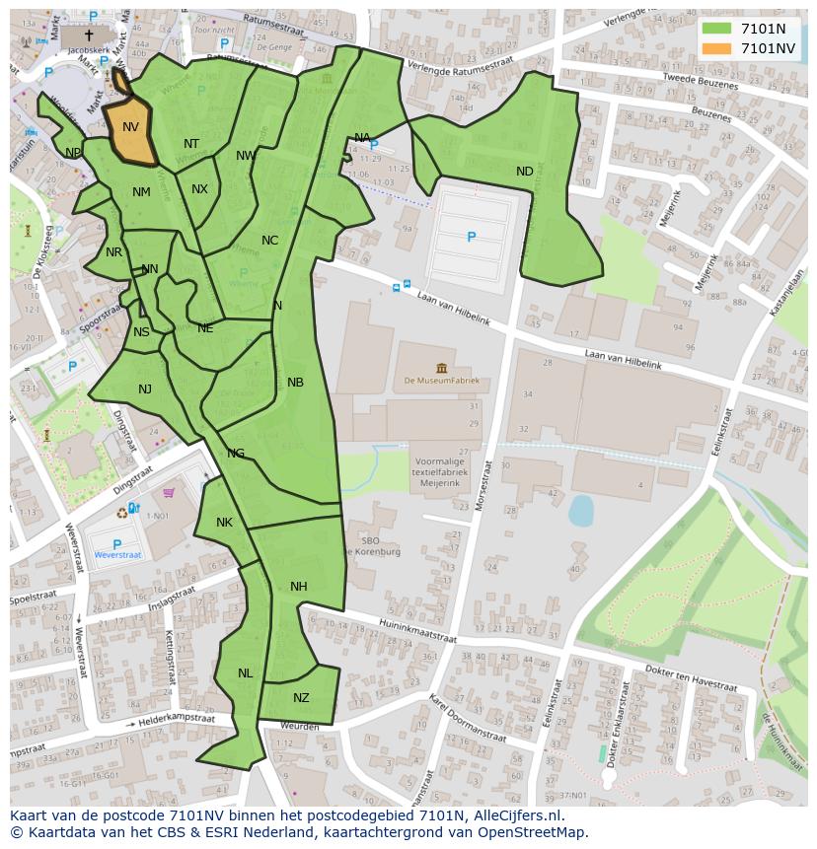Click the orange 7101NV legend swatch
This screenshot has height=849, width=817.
click(x=716, y=48)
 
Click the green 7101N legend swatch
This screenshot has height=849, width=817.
click(x=716, y=29)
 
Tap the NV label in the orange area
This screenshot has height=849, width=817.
click(x=130, y=127)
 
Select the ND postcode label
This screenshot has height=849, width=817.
click(x=524, y=172)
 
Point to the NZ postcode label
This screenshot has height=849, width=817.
click(x=301, y=698)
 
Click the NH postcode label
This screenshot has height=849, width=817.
click(x=298, y=587)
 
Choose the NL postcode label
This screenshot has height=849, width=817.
click(x=245, y=673)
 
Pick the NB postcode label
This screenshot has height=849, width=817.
click(x=295, y=383)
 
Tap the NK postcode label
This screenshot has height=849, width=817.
click(x=224, y=523)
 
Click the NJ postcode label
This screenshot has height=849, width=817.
click(x=145, y=389)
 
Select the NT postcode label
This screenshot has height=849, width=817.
click(x=191, y=144)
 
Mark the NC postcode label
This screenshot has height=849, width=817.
click(x=269, y=241)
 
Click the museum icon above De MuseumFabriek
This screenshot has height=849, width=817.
click(x=440, y=368)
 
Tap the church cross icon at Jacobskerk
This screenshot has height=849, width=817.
click(x=89, y=35)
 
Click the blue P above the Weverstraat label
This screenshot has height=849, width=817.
click(x=116, y=544)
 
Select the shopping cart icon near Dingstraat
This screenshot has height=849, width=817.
click(x=169, y=493)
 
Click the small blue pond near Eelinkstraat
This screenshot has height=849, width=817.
click(x=581, y=510)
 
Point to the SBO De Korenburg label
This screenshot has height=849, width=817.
click(x=380, y=546)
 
